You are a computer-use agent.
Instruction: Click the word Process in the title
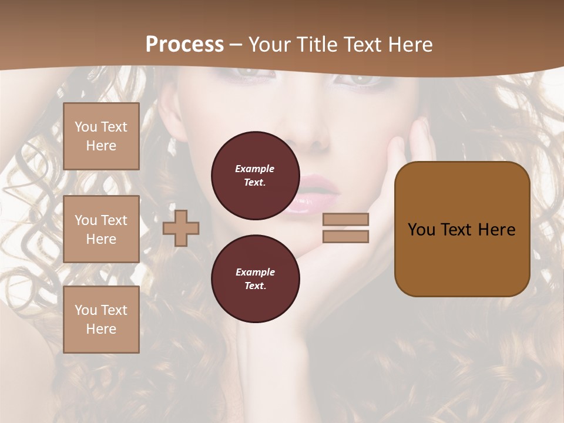(184, 45)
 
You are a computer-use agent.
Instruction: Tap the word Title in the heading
(315, 45)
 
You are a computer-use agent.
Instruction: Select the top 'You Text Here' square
(101, 136)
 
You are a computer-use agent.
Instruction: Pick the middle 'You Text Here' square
(101, 229)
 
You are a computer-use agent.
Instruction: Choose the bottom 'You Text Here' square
(101, 320)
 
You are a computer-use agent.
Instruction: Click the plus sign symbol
(181, 227)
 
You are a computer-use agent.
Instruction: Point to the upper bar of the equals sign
(345, 220)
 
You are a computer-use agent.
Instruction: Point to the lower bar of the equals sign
(345, 236)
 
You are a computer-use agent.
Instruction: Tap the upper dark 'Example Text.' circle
(255, 176)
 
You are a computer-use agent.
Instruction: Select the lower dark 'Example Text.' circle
(255, 279)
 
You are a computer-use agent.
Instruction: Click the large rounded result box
(462, 229)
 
